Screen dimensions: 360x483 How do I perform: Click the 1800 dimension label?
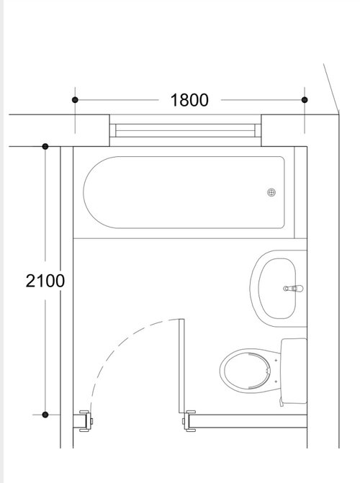click(x=189, y=100)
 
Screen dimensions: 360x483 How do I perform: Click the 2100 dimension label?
click(x=45, y=281)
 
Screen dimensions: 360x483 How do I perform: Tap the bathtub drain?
click(x=271, y=192)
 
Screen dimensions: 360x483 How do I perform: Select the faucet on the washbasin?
click(x=293, y=289)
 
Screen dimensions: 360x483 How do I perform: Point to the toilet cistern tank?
click(x=294, y=371)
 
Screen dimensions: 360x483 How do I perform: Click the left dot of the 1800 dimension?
click(x=75, y=100)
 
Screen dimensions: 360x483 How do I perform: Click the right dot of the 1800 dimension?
click(x=305, y=100)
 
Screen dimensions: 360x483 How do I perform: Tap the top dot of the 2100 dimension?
click(x=45, y=146)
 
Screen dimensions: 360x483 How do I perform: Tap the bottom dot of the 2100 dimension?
click(x=45, y=415)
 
